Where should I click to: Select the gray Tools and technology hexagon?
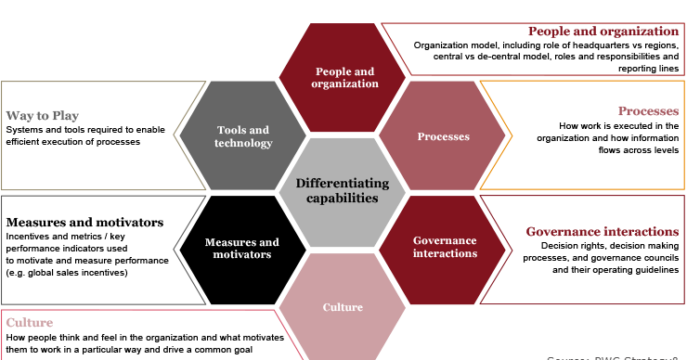(x=242, y=136)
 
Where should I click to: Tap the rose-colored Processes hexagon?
(x=443, y=136)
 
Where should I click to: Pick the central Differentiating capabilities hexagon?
(x=343, y=191)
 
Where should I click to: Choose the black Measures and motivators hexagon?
(x=241, y=248)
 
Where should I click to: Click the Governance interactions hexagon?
(x=445, y=247)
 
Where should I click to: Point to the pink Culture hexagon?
(x=342, y=306)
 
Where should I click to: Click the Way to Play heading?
(x=43, y=116)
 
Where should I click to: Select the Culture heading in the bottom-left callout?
(x=30, y=323)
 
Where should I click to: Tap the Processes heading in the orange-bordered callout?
(x=648, y=111)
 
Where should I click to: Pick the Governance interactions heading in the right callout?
(x=602, y=232)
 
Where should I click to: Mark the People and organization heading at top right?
(x=603, y=32)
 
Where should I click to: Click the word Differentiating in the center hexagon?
(x=343, y=184)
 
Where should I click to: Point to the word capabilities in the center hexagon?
(x=343, y=198)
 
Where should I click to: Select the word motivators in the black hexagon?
(x=241, y=254)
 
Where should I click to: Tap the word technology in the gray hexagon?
(x=243, y=143)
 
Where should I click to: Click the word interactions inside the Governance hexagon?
(x=445, y=253)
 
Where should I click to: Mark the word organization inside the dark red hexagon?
(x=346, y=84)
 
